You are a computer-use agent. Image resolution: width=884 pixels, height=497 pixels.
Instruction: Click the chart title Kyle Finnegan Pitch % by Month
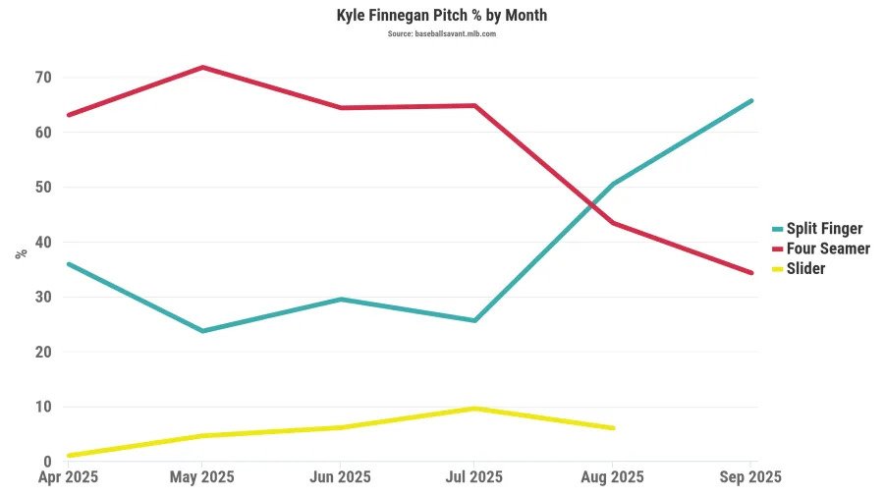click(x=441, y=16)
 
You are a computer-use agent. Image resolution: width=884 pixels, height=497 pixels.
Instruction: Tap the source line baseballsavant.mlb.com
click(x=441, y=33)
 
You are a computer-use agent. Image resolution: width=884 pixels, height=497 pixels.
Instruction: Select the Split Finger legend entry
click(x=824, y=229)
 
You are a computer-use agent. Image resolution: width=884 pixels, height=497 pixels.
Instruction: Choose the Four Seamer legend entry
click(x=828, y=248)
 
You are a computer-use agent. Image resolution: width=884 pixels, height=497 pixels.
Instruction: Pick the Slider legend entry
click(x=805, y=268)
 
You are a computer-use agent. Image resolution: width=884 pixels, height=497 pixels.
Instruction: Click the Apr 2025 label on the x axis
click(x=67, y=477)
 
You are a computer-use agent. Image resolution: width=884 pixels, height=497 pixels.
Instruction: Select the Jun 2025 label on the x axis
click(x=340, y=477)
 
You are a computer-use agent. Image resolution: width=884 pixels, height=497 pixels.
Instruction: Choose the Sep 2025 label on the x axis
click(x=750, y=477)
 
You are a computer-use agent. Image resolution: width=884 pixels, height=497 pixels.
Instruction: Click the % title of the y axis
click(x=22, y=253)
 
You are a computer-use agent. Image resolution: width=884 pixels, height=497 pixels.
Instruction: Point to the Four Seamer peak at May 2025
click(x=202, y=67)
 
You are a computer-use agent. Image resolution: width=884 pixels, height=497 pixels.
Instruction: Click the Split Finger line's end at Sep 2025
click(x=751, y=100)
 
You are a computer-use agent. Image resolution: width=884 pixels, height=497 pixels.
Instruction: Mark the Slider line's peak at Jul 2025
click(x=475, y=409)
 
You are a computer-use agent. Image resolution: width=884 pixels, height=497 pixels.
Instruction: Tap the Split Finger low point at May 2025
click(x=202, y=331)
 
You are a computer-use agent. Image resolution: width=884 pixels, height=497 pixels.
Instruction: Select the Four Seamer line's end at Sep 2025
click(x=751, y=273)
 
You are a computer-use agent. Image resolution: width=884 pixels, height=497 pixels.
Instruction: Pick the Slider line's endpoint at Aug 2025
click(x=613, y=428)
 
